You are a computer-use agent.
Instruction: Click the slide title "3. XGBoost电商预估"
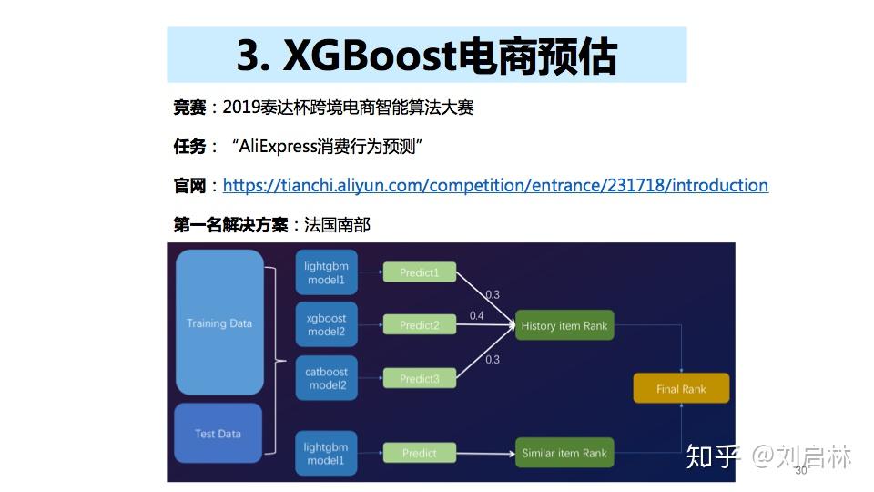(426, 56)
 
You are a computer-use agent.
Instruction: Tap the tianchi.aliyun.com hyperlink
(495, 186)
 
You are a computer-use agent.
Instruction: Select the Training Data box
(218, 323)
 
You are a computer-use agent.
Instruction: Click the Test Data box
(218, 434)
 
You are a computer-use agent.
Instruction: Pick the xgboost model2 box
(326, 325)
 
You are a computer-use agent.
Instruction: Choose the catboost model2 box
(326, 378)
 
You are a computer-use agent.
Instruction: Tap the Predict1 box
(419, 272)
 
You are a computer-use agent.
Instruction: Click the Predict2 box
(419, 325)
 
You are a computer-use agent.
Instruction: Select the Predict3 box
(419, 378)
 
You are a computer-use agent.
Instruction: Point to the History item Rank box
(564, 325)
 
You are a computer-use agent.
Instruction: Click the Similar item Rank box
(564, 453)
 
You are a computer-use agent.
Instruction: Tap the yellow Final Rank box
(680, 389)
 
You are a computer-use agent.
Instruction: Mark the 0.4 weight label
(476, 315)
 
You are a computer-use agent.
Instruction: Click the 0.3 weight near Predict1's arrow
(492, 294)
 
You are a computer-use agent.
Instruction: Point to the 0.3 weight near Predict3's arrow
(492, 359)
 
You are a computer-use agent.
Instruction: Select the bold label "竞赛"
(189, 108)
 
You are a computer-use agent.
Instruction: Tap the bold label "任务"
(189, 146)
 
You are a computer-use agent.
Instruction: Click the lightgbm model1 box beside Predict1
(326, 272)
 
